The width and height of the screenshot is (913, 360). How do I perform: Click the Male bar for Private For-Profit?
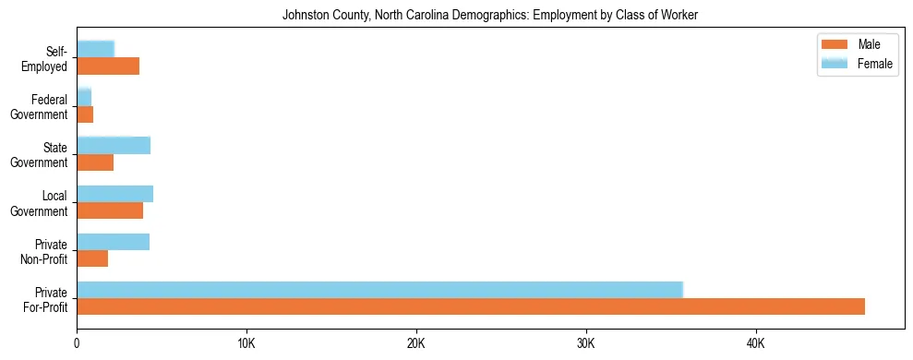click(471, 306)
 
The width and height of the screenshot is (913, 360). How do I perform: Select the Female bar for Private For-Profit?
click(379, 290)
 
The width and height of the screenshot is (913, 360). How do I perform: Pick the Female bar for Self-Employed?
click(95, 49)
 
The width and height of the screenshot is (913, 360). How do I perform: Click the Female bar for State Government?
click(114, 145)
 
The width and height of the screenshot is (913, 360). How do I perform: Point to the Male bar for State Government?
click(95, 162)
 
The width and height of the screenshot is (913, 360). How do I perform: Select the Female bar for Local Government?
click(114, 194)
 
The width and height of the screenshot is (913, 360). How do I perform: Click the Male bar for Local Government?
click(110, 210)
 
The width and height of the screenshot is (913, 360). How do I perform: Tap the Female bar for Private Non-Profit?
click(113, 242)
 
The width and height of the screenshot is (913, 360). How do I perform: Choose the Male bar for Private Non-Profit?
click(92, 258)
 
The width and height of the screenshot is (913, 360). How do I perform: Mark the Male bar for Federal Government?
click(85, 114)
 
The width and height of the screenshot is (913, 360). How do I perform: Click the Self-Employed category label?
click(48, 57)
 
